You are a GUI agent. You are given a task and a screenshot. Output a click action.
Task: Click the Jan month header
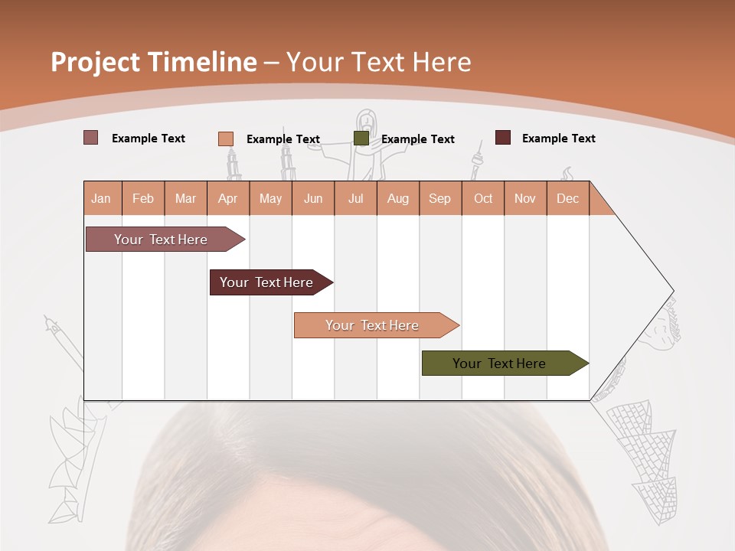click(101, 198)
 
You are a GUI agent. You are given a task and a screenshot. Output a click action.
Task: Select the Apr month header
click(228, 198)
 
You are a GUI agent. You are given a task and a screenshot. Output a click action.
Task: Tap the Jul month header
click(356, 198)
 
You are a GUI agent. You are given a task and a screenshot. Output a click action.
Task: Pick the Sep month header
click(439, 198)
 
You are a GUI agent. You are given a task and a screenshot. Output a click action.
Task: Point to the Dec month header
click(567, 198)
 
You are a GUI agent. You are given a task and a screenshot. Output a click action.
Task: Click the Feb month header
click(143, 198)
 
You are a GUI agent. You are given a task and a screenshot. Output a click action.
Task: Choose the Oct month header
click(483, 198)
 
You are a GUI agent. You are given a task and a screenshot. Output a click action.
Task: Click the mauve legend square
click(90, 138)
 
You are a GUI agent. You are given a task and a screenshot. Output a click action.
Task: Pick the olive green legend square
click(361, 139)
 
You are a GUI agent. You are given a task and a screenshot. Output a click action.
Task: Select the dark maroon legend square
click(502, 138)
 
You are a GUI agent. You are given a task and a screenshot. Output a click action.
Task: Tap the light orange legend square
click(225, 139)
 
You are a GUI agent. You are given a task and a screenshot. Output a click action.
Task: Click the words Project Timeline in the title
click(153, 62)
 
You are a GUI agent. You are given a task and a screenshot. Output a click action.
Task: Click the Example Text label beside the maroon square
click(558, 139)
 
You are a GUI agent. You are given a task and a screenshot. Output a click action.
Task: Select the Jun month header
click(313, 198)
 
